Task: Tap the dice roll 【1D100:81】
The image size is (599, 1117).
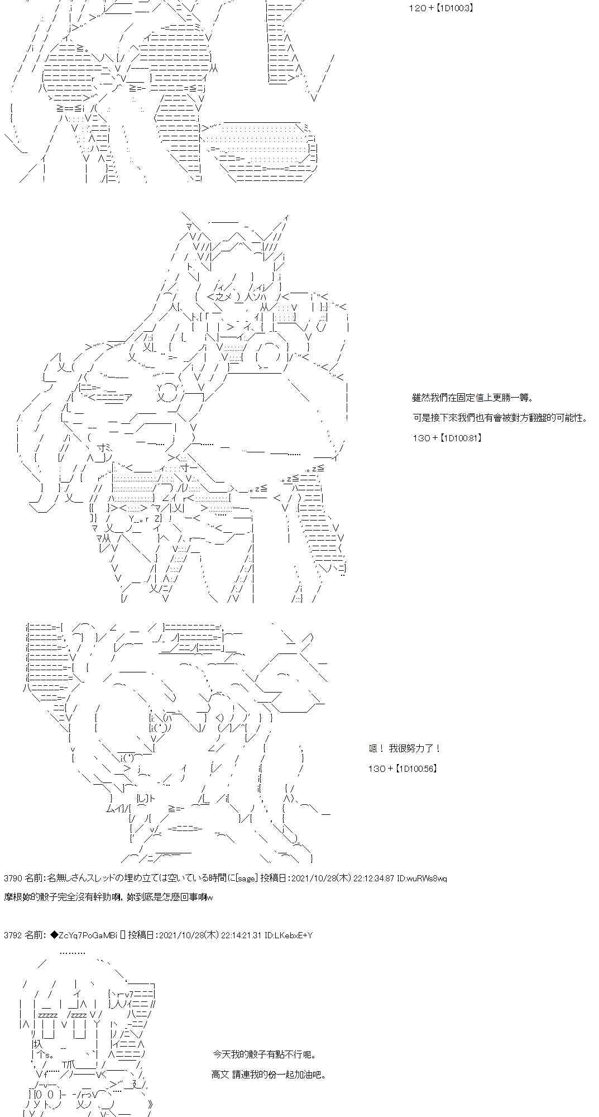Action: (x=460, y=438)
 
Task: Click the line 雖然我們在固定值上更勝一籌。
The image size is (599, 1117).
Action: (x=472, y=398)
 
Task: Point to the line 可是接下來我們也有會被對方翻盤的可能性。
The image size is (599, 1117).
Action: (x=500, y=418)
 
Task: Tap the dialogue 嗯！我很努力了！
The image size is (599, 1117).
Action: (x=405, y=748)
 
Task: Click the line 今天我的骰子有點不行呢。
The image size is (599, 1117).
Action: (x=265, y=1054)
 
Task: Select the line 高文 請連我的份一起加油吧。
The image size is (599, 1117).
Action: (x=268, y=1075)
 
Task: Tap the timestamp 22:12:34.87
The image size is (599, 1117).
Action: (x=372, y=879)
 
